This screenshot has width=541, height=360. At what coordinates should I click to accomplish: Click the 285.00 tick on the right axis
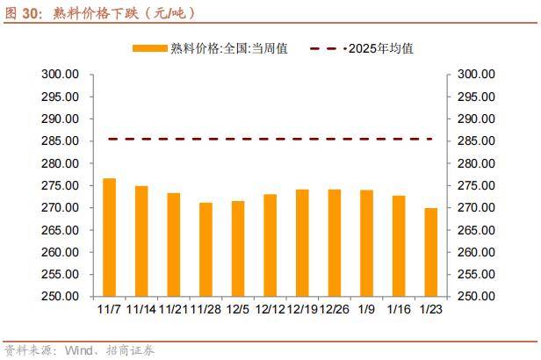[476, 141]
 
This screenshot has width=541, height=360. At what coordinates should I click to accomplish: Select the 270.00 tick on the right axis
[476, 208]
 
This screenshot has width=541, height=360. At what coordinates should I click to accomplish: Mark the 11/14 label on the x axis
[141, 309]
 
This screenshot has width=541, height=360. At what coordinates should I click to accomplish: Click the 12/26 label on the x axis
[335, 309]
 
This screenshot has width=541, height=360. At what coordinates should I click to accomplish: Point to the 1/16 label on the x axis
[399, 309]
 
